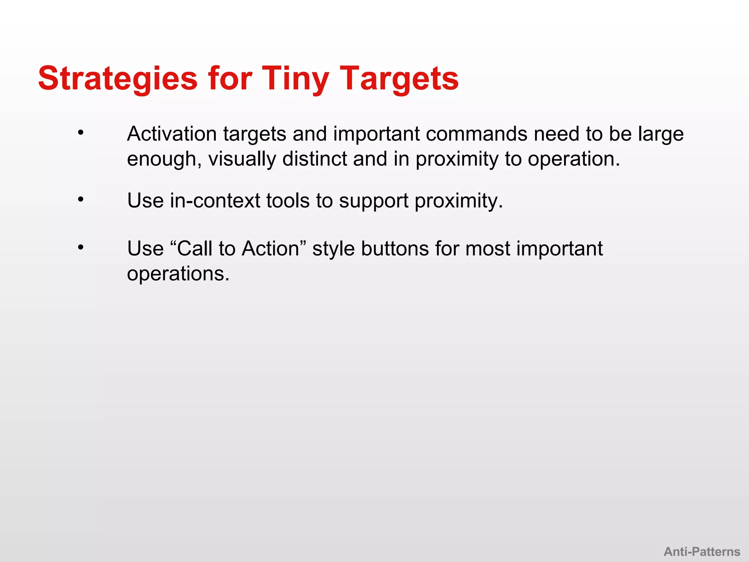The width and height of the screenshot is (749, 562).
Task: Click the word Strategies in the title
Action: [x=118, y=78]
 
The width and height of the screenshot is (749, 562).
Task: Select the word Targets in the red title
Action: [x=399, y=78]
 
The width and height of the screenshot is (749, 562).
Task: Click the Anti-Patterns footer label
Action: [x=702, y=551]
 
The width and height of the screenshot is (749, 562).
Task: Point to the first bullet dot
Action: [x=81, y=133]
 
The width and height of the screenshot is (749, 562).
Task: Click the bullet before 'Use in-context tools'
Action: [x=81, y=200]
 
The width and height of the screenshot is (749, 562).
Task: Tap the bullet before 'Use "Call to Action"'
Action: [x=81, y=248]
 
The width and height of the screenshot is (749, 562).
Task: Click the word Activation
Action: [x=172, y=134]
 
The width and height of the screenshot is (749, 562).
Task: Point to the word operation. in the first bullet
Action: [x=574, y=160]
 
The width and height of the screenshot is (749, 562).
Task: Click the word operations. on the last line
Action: [x=178, y=274]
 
